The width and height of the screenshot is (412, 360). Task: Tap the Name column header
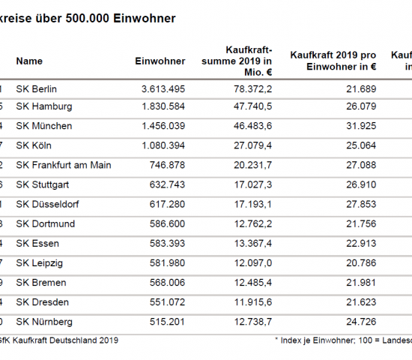29,61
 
